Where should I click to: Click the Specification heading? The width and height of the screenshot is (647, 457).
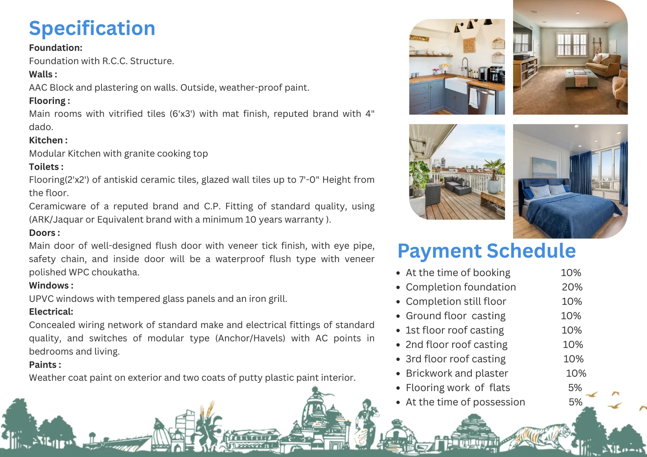pyautogui.click(x=92, y=28)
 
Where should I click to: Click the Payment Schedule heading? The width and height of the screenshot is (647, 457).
pyautogui.click(x=487, y=250)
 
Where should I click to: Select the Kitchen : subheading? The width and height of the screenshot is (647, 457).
pyautogui.click(x=48, y=140)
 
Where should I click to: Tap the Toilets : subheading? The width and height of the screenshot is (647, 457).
pyautogui.click(x=46, y=166)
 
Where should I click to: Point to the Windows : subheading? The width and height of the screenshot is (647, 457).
pyautogui.click(x=51, y=285)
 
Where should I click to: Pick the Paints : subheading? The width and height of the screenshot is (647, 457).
pyautogui.click(x=45, y=364)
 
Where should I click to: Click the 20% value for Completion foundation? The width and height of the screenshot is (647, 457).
pyautogui.click(x=572, y=287)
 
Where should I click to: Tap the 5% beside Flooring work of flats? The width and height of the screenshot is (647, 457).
pyautogui.click(x=575, y=388)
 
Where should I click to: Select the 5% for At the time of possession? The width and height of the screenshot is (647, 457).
pyautogui.click(x=575, y=402)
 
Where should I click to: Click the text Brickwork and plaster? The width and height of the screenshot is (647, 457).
pyautogui.click(x=457, y=373)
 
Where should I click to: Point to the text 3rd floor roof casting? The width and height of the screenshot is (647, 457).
pyautogui.click(x=456, y=359)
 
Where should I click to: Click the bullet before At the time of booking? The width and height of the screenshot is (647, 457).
pyautogui.click(x=398, y=273)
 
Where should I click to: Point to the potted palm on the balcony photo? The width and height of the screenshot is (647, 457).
pyautogui.click(x=493, y=176)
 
